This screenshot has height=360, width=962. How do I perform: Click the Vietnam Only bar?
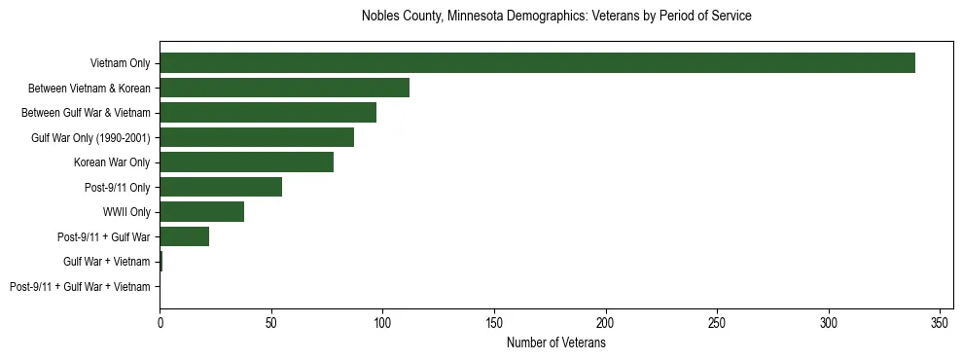coord(537,63)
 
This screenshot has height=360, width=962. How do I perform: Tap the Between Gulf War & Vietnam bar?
coord(267,113)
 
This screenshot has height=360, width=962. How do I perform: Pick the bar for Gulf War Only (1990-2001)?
coord(257,137)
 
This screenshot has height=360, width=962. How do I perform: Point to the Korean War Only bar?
coord(246,162)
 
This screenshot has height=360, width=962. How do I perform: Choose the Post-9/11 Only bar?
coord(221,187)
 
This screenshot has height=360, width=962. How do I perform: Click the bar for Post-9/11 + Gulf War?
coord(184,236)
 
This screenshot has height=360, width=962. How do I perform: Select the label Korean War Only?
coord(112,162)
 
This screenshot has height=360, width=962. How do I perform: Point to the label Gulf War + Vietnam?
coord(107,262)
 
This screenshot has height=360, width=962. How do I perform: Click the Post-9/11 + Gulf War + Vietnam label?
coord(80,287)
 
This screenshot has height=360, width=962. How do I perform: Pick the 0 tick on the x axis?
coord(160,320)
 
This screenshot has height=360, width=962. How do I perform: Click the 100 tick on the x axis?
coord(382,320)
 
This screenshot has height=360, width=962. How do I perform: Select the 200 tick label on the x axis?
coord(605,320)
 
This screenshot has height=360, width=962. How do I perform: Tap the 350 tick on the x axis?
coord(940,320)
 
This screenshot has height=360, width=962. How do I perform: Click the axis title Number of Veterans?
coord(555,342)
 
